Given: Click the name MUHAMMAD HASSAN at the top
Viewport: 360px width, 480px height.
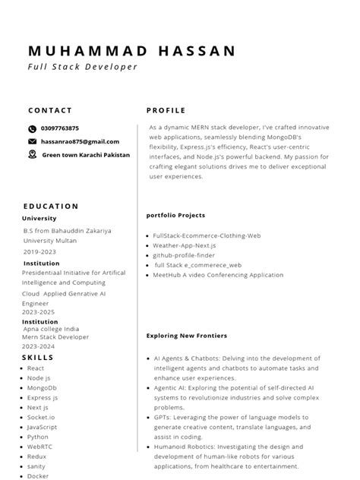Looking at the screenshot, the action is pos(131,51).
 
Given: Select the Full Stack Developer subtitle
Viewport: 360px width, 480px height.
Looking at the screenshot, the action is pos(83,67).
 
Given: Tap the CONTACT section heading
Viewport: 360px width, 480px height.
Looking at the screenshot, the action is pos(50,110).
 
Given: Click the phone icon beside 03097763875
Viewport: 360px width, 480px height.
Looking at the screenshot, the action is pos(32,129).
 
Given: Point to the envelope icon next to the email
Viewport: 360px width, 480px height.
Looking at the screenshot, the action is pos(32,141).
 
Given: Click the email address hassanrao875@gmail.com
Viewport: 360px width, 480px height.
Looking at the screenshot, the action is pos(80,141).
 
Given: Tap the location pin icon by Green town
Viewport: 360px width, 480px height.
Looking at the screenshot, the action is pos(32,154).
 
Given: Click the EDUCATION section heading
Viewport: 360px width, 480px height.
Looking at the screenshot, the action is pos(51,206).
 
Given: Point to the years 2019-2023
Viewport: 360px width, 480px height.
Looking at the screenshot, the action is pos(39,251).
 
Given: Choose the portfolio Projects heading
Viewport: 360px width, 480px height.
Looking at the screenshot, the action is pos(175,215).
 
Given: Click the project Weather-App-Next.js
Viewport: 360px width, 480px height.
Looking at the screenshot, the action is pos(185,246).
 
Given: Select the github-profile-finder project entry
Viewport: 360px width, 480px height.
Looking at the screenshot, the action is pos(184,256).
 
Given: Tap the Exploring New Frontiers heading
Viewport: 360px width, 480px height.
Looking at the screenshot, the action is pos(187,335).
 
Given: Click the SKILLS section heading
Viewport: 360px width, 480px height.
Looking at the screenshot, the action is pos(38,357).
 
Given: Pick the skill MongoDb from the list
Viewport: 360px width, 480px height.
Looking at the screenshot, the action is pos(42,387).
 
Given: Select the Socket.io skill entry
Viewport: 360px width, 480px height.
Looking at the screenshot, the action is pos(41,417).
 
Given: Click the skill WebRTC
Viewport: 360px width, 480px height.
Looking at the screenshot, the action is pos(39,447).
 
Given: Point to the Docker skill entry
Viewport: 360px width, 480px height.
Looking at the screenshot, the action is pos(38,476).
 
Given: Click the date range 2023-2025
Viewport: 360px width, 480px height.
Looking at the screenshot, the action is pos(39,311).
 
